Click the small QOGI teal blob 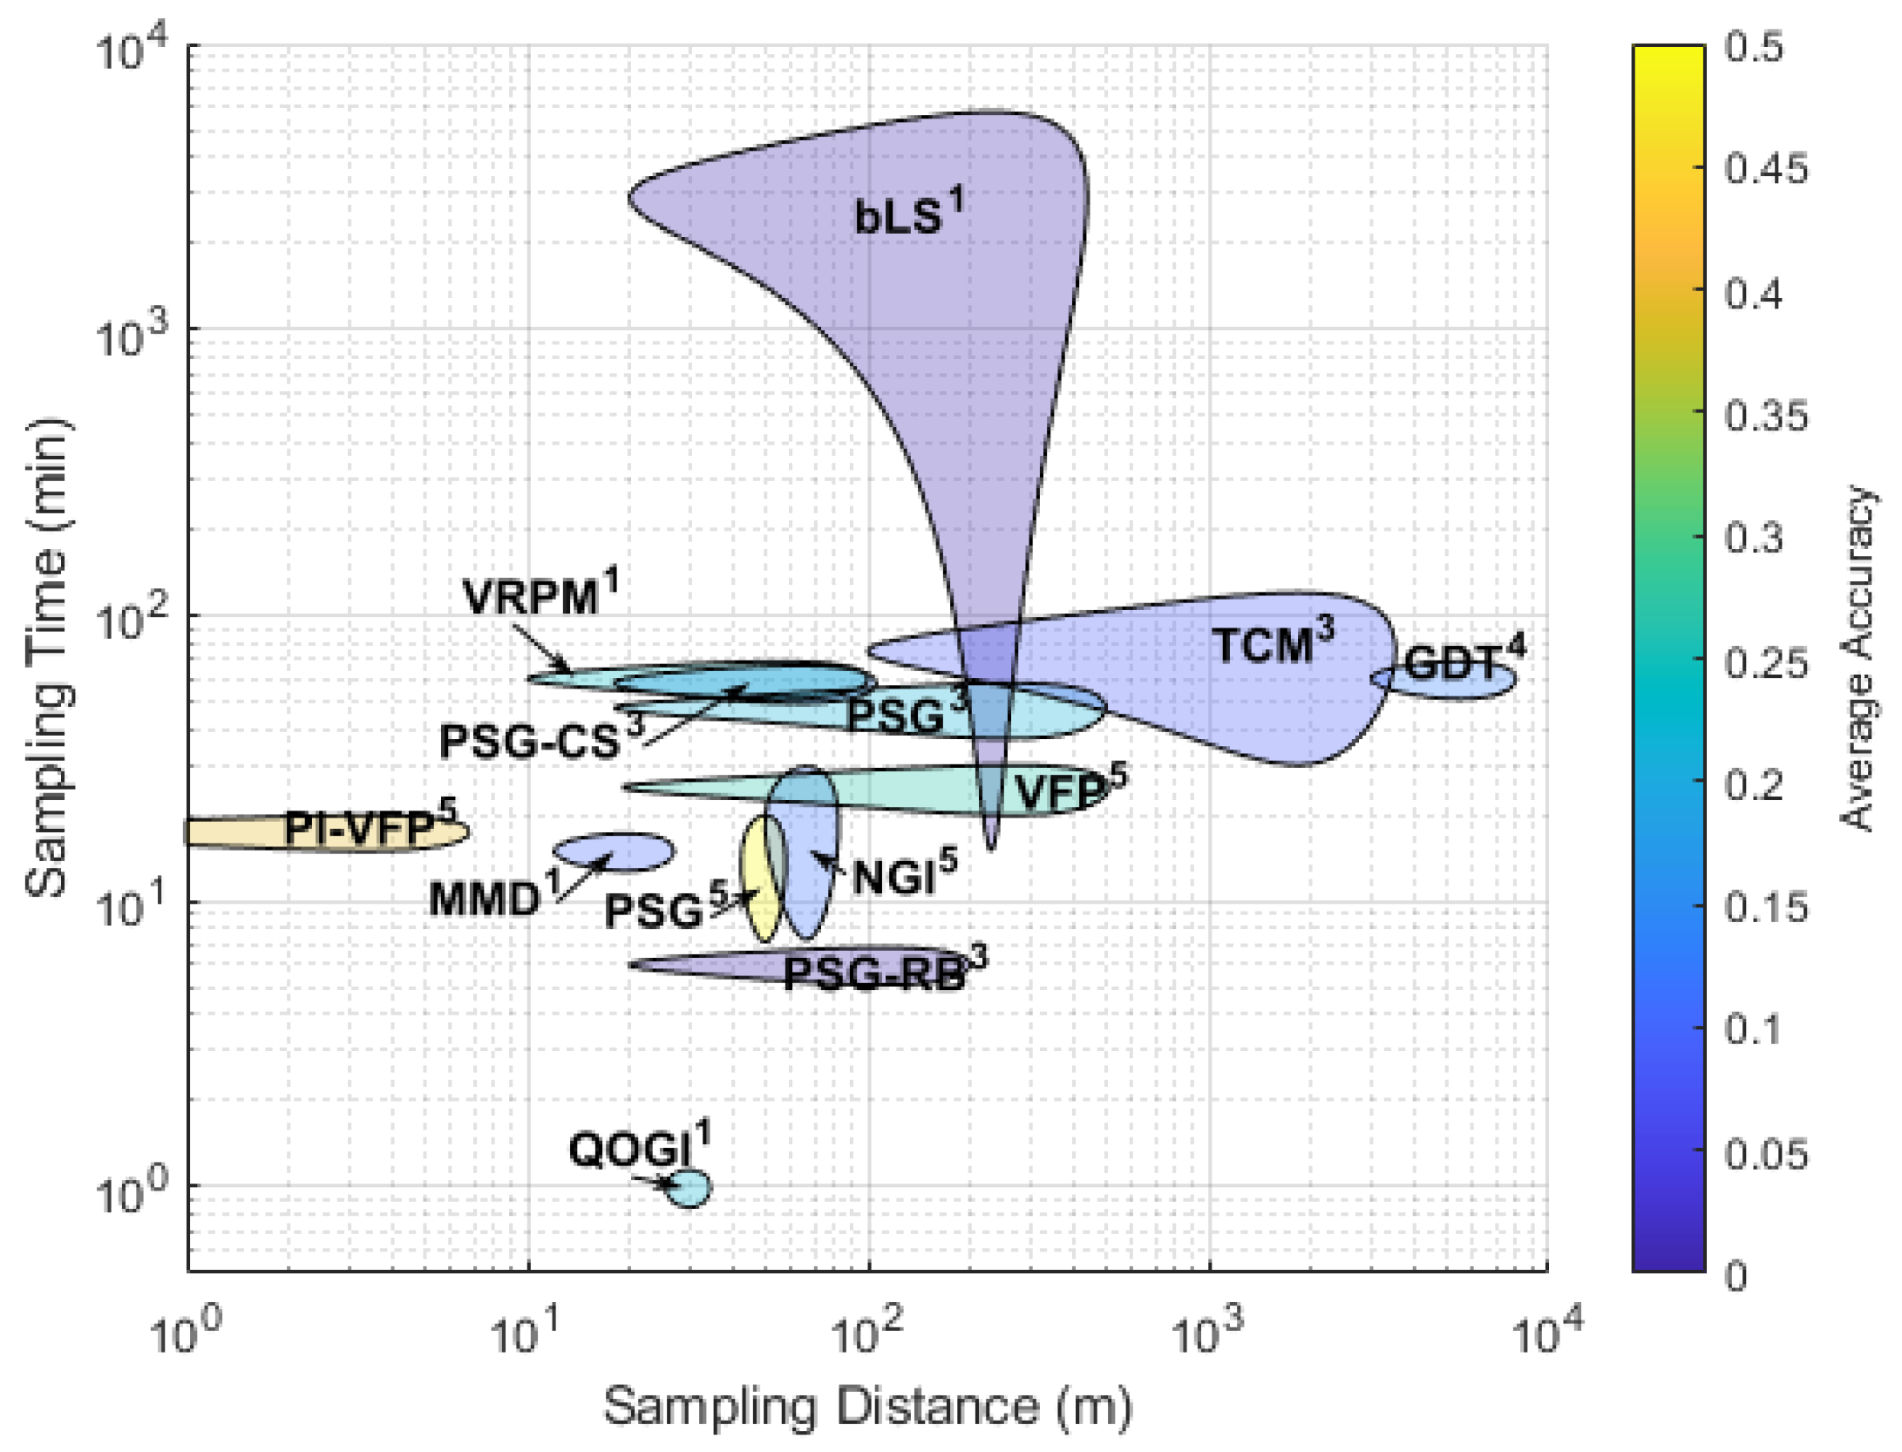coord(689,1188)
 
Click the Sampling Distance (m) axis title coord(867,1406)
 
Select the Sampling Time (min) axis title coord(48,658)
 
